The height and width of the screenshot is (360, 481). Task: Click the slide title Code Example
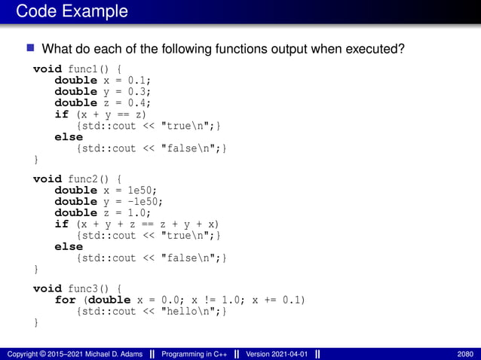tap(72, 12)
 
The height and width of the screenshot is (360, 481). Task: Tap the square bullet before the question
tap(31, 50)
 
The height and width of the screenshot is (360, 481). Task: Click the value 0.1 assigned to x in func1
tap(139, 80)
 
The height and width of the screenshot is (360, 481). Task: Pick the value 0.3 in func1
tap(139, 91)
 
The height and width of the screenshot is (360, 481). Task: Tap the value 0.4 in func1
tap(139, 102)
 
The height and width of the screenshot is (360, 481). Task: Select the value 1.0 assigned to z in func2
tap(139, 212)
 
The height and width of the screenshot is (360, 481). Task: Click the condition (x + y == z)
tap(111, 114)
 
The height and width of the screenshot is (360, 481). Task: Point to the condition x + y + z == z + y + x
tap(149, 224)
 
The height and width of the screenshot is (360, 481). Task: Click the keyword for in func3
tap(65, 300)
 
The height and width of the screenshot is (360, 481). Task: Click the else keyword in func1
tap(69, 137)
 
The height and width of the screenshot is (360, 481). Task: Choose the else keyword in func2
tap(69, 247)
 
